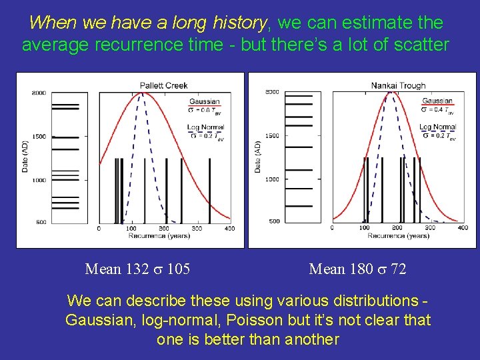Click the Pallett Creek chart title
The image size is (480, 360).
[163, 85]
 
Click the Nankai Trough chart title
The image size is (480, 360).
[398, 85]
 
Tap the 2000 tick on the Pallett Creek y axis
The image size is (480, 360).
[39, 93]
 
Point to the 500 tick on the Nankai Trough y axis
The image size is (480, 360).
[274, 221]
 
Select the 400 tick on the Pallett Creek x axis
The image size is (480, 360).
[229, 229]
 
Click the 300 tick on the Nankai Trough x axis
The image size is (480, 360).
[430, 228]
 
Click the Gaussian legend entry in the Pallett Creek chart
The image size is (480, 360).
[205, 102]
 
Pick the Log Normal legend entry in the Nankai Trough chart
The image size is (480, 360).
[437, 127]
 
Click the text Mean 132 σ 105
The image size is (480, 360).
[137, 269]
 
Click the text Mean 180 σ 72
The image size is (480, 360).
[357, 269]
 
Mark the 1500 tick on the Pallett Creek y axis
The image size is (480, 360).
[39, 137]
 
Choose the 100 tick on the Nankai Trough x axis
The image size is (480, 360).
[365, 228]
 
